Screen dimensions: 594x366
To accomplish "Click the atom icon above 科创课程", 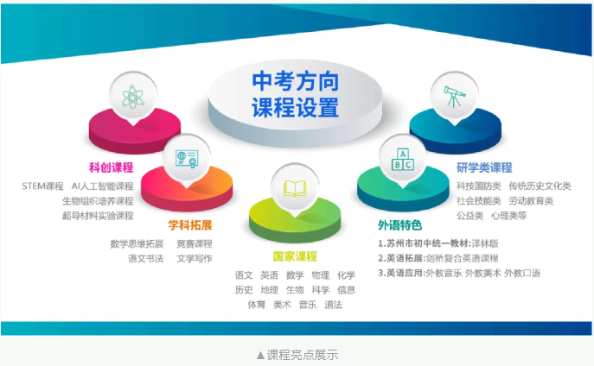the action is point(133,97).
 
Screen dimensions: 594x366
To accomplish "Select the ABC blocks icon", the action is point(402,159).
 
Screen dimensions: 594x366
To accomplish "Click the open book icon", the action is point(295,188).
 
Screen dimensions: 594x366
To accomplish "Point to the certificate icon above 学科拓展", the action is point(187,159).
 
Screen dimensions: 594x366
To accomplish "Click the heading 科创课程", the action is point(111,167).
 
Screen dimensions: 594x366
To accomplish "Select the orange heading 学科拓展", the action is point(190,225).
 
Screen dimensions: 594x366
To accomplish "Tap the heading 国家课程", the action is point(295,256).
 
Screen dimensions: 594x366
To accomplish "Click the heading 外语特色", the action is point(399,225).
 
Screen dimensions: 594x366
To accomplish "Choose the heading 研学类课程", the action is point(484,167).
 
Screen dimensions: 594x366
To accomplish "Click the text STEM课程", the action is point(43,186).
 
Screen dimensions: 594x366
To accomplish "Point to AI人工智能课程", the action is point(102,186).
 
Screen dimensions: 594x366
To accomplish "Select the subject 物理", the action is point(321,275).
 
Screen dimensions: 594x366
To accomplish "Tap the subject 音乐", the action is point(308,305).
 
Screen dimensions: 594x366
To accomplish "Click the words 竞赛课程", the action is point(195,244).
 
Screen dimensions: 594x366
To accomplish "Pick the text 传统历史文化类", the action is point(540,186).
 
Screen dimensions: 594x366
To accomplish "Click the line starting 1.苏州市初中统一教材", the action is point(438,243).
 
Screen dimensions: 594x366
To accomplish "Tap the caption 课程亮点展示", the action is point(303,355).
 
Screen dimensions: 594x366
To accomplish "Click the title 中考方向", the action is point(295,81).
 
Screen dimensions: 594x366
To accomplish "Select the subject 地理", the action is point(270,290).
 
